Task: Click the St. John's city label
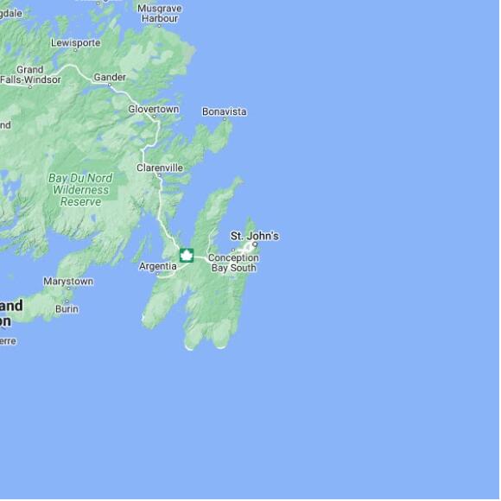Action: [x=254, y=236]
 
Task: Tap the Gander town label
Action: [x=110, y=78]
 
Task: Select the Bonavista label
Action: [x=224, y=111]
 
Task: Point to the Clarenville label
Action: [x=160, y=168]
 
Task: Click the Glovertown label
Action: [x=153, y=110]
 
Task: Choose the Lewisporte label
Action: [x=75, y=43]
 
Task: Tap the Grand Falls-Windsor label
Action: [x=30, y=75]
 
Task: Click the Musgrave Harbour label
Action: [x=159, y=13]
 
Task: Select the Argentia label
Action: [x=158, y=266]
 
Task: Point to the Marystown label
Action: [x=68, y=282]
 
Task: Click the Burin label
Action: [x=67, y=308]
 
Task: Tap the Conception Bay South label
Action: [x=233, y=263]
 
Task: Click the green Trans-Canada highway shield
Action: [x=186, y=255]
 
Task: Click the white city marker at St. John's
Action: [x=255, y=245]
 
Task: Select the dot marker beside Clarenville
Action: [x=159, y=176]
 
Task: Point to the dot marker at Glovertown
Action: [x=156, y=119]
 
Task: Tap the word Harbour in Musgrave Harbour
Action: [x=159, y=18]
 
